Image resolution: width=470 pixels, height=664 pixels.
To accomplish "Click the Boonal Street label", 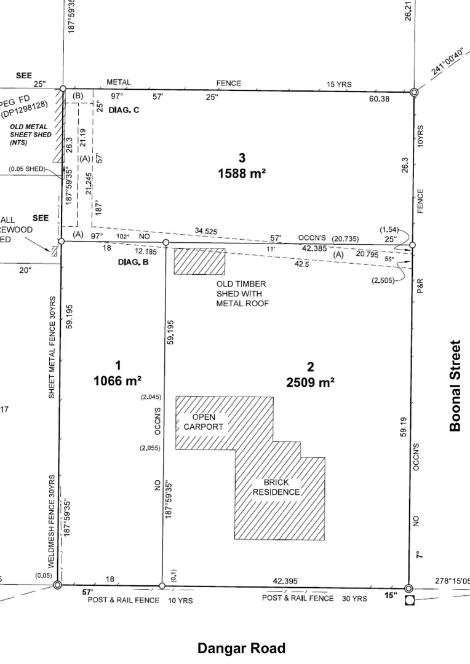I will pyautogui.click(x=455, y=385).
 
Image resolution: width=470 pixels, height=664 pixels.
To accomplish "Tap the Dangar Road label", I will pyautogui.click(x=241, y=648).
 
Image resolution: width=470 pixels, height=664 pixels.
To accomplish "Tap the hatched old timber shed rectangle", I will pyautogui.click(x=199, y=261).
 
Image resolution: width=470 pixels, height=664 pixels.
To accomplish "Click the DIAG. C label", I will pyautogui.click(x=129, y=110).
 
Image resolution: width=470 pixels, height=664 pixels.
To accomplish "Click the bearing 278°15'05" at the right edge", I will pyautogui.click(x=452, y=580).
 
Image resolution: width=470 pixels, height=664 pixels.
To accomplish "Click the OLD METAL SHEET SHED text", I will pyautogui.click(x=31, y=134).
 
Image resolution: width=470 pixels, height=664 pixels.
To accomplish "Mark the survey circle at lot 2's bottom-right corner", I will pyautogui.click(x=408, y=588).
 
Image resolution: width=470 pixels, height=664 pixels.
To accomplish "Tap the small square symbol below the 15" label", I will pyautogui.click(x=409, y=601).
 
